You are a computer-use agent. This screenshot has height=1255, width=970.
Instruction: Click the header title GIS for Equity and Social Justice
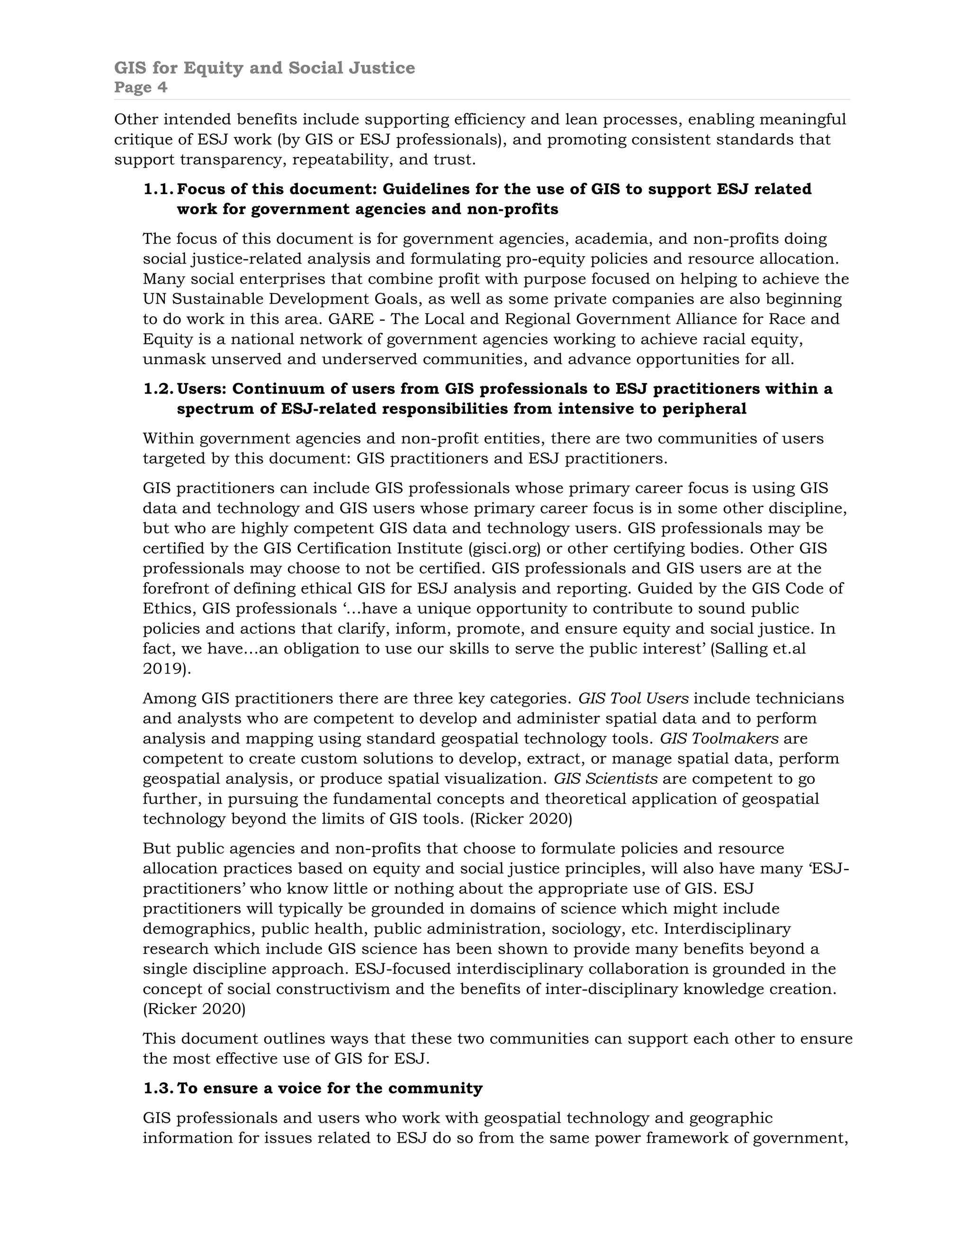click(x=264, y=68)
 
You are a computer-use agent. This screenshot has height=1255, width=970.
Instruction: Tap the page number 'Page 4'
click(x=141, y=87)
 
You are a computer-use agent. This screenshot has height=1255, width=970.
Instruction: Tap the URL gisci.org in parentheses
click(x=505, y=548)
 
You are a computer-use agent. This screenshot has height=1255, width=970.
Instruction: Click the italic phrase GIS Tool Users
click(x=633, y=698)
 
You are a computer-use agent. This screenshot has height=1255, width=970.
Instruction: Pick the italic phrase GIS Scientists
click(x=606, y=779)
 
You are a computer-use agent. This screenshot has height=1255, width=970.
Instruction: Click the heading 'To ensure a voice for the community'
click(x=330, y=1088)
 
